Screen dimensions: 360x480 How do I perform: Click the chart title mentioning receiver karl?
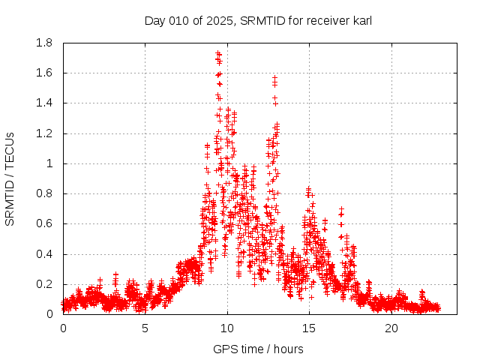click(x=258, y=21)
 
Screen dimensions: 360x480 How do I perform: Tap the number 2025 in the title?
click(x=220, y=21)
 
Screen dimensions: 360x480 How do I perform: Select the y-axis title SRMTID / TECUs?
click(x=10, y=178)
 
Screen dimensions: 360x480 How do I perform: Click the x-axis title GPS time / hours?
click(x=258, y=349)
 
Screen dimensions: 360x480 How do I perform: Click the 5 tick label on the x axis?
click(x=145, y=328)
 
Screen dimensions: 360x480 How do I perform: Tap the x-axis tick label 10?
click(x=227, y=328)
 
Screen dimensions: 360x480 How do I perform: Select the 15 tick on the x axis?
click(x=310, y=328)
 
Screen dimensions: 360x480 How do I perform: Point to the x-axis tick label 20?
click(x=391, y=328)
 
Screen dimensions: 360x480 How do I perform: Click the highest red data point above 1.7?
click(x=217, y=53)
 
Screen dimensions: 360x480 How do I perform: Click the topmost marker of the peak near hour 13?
click(x=274, y=77)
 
